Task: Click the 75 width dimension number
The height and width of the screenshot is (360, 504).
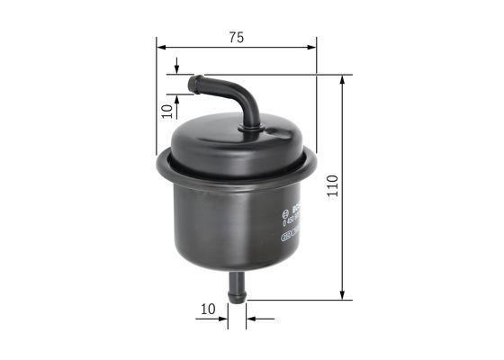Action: [236, 37]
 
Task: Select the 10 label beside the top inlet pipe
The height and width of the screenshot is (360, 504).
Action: [166, 110]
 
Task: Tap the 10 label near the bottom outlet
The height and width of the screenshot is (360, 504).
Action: [208, 309]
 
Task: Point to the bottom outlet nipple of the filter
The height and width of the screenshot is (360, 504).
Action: [238, 289]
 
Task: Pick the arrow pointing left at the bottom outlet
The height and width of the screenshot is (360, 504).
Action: [253, 317]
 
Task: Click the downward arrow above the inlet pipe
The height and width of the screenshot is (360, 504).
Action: [176, 69]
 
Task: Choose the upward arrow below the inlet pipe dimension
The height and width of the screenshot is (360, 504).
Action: [176, 99]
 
